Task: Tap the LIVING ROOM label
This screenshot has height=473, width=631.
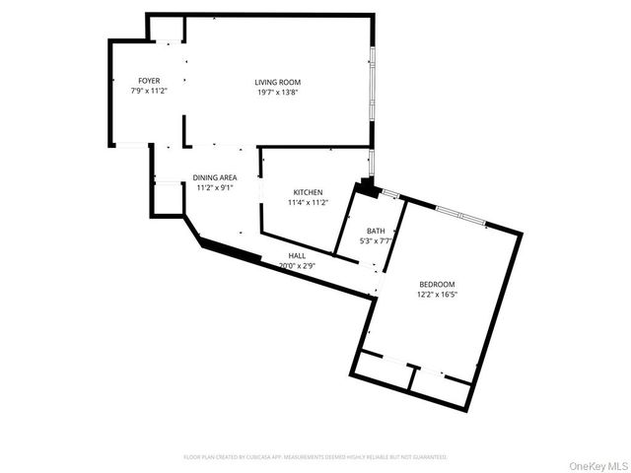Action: pyautogui.click(x=277, y=82)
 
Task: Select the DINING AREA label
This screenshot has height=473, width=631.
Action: pyautogui.click(x=214, y=177)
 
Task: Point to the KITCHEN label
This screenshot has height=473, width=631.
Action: pyautogui.click(x=308, y=191)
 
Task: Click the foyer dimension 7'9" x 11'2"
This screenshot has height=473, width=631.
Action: pyautogui.click(x=149, y=91)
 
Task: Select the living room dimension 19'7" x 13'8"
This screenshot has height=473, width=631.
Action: pyautogui.click(x=277, y=92)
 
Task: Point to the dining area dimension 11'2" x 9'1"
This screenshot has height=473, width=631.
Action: pyautogui.click(x=214, y=187)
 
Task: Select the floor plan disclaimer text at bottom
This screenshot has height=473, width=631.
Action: pyautogui.click(x=315, y=457)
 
